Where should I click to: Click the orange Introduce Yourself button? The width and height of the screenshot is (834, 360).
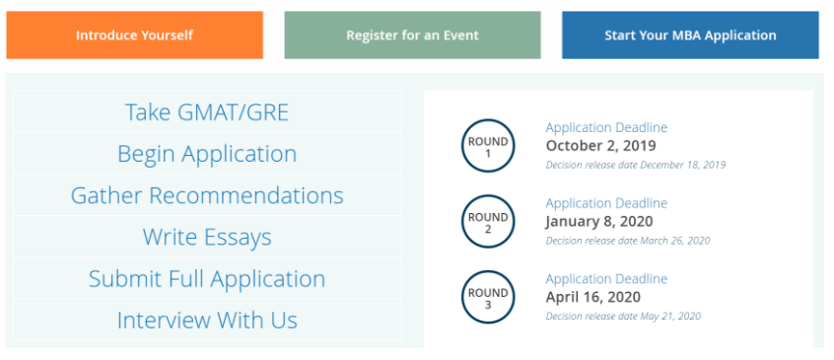point(135,36)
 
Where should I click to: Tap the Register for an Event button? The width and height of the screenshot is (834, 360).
point(412,36)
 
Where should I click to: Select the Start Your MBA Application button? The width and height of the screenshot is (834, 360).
point(690,36)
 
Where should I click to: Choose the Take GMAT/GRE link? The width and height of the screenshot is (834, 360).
point(207,112)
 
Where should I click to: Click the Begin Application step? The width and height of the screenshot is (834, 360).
point(207,154)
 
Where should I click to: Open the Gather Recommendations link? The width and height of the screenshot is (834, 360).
point(207,195)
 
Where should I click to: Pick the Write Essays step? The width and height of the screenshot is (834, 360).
point(207,237)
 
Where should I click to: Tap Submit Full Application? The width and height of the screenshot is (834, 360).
point(207,279)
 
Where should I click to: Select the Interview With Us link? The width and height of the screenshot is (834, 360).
point(207,321)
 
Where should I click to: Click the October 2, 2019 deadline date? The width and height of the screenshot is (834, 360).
point(600,146)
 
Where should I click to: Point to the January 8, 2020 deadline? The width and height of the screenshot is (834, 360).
point(599,221)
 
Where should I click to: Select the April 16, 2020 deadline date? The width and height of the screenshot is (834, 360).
point(593,297)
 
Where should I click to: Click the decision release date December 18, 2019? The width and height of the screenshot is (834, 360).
point(636,165)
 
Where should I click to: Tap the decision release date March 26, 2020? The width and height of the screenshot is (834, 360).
point(628,241)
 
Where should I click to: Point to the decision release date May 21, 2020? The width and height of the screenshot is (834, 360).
point(623,316)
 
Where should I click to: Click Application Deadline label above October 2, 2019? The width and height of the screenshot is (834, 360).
point(606,127)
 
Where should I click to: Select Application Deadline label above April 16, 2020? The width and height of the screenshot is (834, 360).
point(606,279)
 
